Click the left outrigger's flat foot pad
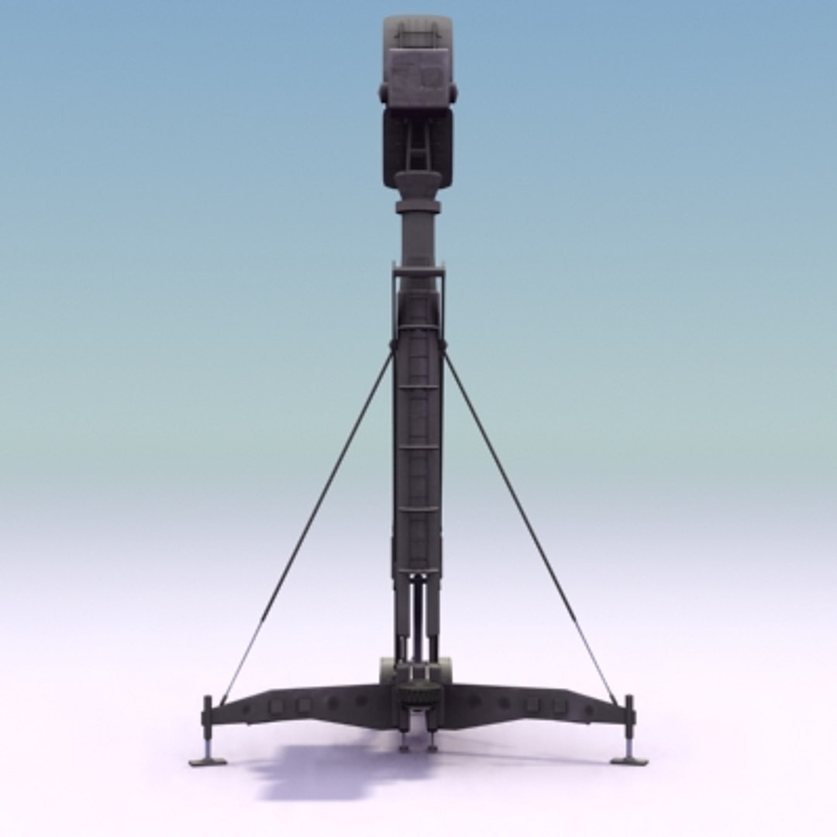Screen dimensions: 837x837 [208, 762]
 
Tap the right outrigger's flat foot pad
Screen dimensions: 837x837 [629, 761]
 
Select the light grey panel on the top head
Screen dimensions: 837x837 [418, 77]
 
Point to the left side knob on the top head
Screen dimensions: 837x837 [384, 94]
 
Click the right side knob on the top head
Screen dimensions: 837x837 [453, 94]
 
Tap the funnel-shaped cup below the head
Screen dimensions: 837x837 [418, 186]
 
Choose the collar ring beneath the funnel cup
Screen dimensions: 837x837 [418, 207]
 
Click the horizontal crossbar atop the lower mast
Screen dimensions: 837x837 [418, 270]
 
